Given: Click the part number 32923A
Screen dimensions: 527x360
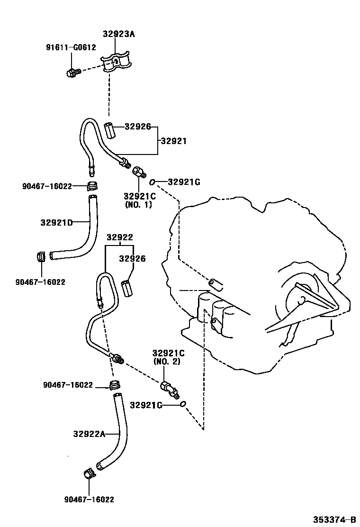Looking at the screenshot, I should [x=118, y=34].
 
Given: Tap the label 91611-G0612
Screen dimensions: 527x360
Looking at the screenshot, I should [x=71, y=47].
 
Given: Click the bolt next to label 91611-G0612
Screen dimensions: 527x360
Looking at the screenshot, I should [x=72, y=73].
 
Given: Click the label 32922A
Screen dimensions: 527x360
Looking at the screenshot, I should [x=89, y=433].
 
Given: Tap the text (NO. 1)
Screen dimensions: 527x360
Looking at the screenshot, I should [x=139, y=205].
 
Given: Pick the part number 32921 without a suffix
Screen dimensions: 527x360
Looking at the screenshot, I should [x=173, y=141].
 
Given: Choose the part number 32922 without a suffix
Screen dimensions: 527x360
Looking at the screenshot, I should [x=119, y=237].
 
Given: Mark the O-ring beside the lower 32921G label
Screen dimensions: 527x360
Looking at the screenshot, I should [x=183, y=404].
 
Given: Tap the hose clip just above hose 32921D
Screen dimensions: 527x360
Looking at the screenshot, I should [x=93, y=185].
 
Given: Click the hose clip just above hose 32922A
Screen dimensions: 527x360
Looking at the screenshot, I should [x=114, y=384].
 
